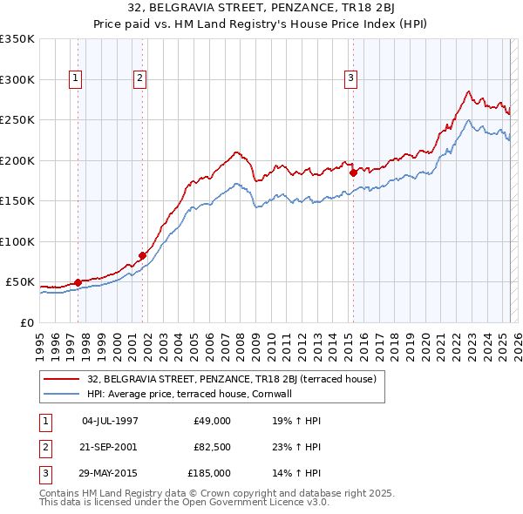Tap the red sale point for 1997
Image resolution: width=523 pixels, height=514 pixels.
click(78, 282)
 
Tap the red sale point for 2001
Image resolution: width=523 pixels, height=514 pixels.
click(142, 255)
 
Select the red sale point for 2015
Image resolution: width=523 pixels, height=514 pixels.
click(353, 172)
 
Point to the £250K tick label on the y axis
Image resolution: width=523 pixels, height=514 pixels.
click(17, 120)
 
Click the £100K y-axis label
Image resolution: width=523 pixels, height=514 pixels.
click(17, 241)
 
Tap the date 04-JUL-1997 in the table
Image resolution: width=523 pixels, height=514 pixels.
click(110, 421)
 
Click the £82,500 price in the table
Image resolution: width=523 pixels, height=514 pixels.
click(212, 447)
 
